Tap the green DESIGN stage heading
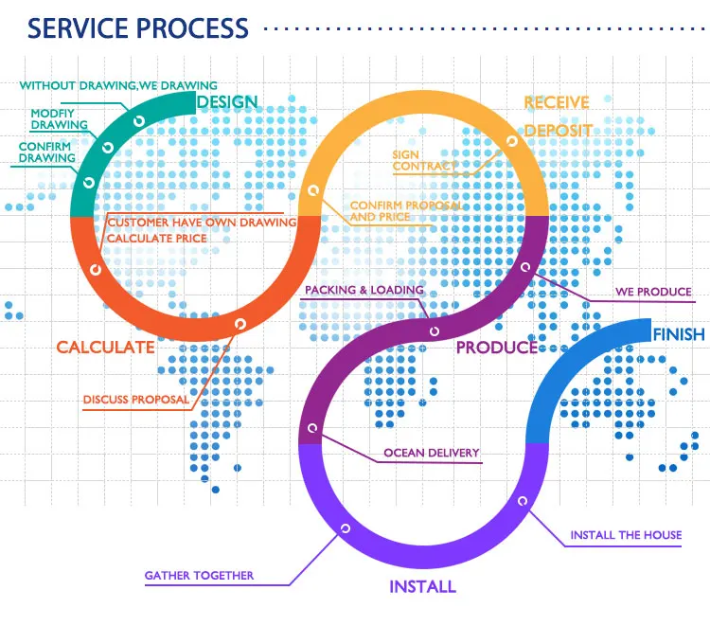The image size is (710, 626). click(x=226, y=101)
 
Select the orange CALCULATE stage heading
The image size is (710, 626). click(x=105, y=348)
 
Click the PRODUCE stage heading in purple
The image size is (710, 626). click(x=496, y=348)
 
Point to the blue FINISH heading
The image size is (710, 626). click(x=678, y=334)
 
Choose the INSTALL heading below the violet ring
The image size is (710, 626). click(x=422, y=586)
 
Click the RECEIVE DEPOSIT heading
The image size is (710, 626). click(x=558, y=116)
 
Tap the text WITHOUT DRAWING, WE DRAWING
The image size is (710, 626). click(x=118, y=85)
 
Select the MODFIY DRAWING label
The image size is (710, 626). click(x=59, y=119)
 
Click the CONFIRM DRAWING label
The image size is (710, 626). click(x=47, y=152)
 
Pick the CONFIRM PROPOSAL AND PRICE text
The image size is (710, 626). click(x=405, y=210)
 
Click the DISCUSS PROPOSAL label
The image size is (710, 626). click(x=136, y=399)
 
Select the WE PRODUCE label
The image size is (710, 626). click(x=653, y=292)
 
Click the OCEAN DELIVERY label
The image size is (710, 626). click(x=431, y=453)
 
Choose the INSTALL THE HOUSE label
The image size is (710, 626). click(x=625, y=535)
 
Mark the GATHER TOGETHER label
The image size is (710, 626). click(x=199, y=575)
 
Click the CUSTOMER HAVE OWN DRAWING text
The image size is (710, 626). click(x=201, y=223)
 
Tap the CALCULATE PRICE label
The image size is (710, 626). click(x=156, y=238)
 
